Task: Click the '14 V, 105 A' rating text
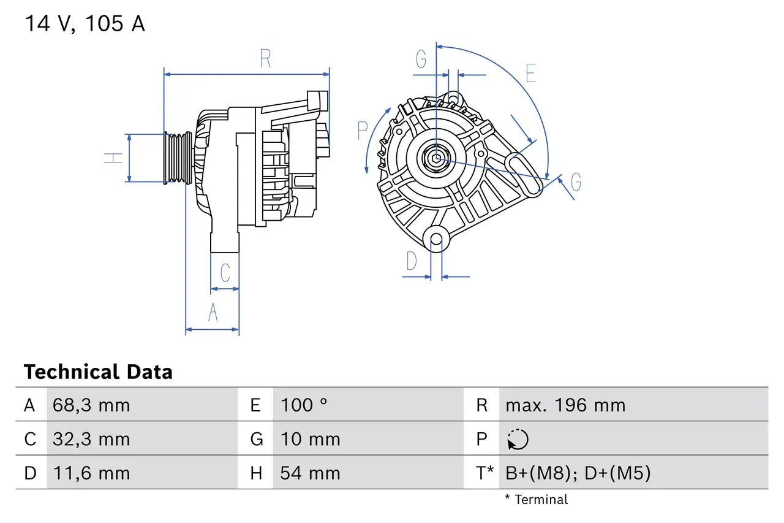click(x=85, y=23)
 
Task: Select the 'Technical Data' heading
click(x=98, y=372)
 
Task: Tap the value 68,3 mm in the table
click(x=91, y=405)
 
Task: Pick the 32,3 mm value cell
click(x=91, y=439)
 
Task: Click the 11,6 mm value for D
click(x=91, y=473)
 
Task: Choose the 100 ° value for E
click(x=304, y=405)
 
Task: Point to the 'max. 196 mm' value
click(x=565, y=405)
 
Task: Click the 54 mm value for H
click(x=310, y=473)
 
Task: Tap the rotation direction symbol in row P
click(x=518, y=440)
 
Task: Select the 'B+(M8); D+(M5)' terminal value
click(x=578, y=473)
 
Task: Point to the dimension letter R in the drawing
click(x=265, y=58)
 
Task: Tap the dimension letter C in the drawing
click(x=225, y=272)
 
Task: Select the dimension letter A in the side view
click(x=213, y=312)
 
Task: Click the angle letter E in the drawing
click(x=530, y=73)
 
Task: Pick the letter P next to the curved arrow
click(x=363, y=130)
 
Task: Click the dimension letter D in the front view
click(x=412, y=261)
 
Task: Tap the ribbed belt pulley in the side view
click(x=176, y=158)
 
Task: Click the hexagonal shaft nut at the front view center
click(x=435, y=159)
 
